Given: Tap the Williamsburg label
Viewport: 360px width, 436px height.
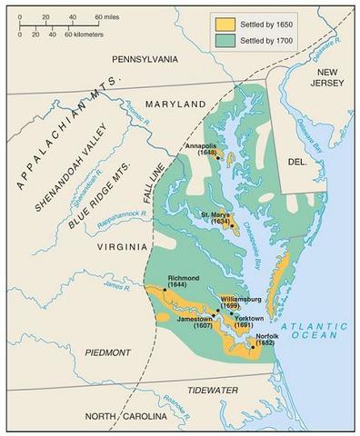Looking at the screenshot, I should point(241,299).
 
